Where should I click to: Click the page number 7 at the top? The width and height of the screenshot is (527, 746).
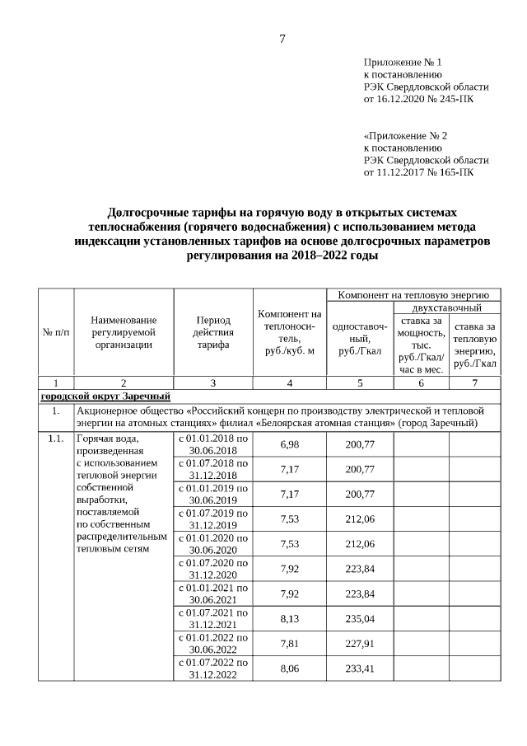click(x=282, y=38)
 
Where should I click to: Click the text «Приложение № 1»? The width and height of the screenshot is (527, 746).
click(x=403, y=62)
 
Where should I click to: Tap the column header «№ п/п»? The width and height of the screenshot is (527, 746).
click(x=56, y=331)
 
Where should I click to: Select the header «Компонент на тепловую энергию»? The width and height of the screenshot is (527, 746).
click(x=413, y=293)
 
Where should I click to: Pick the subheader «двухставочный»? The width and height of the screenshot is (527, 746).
click(x=446, y=307)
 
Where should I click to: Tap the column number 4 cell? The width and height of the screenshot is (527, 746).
click(x=288, y=382)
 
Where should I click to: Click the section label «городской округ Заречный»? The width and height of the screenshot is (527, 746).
click(x=105, y=396)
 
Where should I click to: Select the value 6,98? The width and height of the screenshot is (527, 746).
click(x=289, y=444)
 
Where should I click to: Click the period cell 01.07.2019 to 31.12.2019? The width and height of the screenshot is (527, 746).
click(x=212, y=518)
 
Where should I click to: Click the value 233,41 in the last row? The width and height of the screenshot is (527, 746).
click(x=360, y=668)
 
